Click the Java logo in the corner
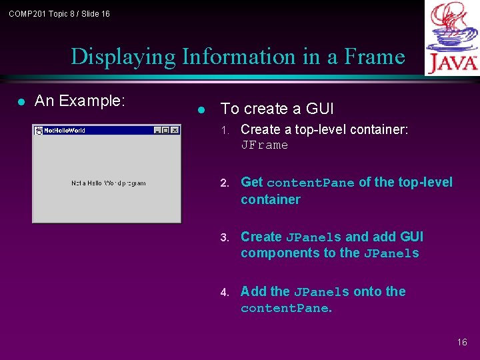point(453,38)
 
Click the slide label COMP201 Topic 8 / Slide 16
point(59,14)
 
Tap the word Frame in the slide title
point(375,57)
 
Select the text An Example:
point(79,101)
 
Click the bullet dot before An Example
point(21,102)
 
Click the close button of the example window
point(175,130)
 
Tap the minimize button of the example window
point(157,130)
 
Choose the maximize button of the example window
point(165,130)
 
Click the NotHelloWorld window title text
point(65,131)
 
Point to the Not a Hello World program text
point(108,183)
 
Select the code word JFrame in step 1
point(265,145)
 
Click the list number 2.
point(225,183)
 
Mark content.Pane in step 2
point(310,183)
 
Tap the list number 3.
point(225,237)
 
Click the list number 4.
point(225,292)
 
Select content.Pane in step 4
point(285,308)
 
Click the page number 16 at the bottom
point(462,342)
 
